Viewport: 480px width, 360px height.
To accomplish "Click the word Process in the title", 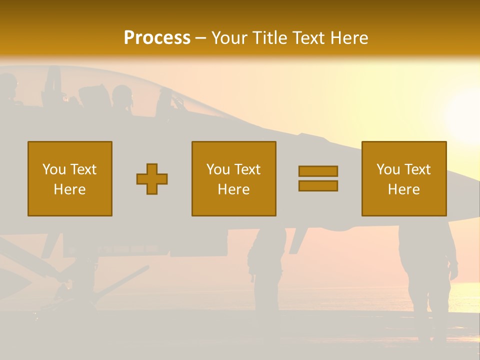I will [157, 37].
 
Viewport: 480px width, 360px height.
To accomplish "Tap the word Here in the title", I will [348, 38].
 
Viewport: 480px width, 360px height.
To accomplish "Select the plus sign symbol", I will [152, 179].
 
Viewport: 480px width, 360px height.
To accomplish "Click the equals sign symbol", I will [318, 178].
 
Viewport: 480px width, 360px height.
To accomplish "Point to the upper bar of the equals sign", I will [318, 171].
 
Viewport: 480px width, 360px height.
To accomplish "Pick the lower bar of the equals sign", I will [318, 185].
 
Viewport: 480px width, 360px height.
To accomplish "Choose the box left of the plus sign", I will [70, 178].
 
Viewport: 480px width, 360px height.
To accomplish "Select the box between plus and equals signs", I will [233, 178].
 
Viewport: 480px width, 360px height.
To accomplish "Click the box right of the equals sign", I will [403, 178].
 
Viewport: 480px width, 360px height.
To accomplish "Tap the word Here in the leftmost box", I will [70, 189].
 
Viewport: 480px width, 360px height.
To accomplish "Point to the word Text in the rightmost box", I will [418, 169].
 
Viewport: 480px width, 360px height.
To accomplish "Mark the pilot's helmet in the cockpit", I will [121, 95].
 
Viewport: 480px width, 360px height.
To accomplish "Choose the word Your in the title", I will [229, 38].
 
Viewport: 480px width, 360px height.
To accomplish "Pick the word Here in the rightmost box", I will [403, 189].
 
